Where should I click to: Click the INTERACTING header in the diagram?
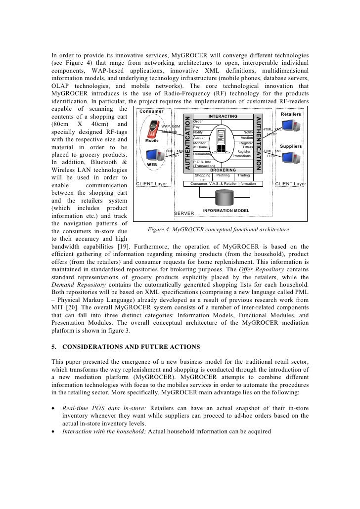(x=224, y=116)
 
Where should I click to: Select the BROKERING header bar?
(x=224, y=170)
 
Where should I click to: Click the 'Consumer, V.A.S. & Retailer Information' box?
(x=223, y=183)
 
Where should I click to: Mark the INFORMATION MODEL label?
(x=226, y=210)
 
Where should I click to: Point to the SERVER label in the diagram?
(x=184, y=213)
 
